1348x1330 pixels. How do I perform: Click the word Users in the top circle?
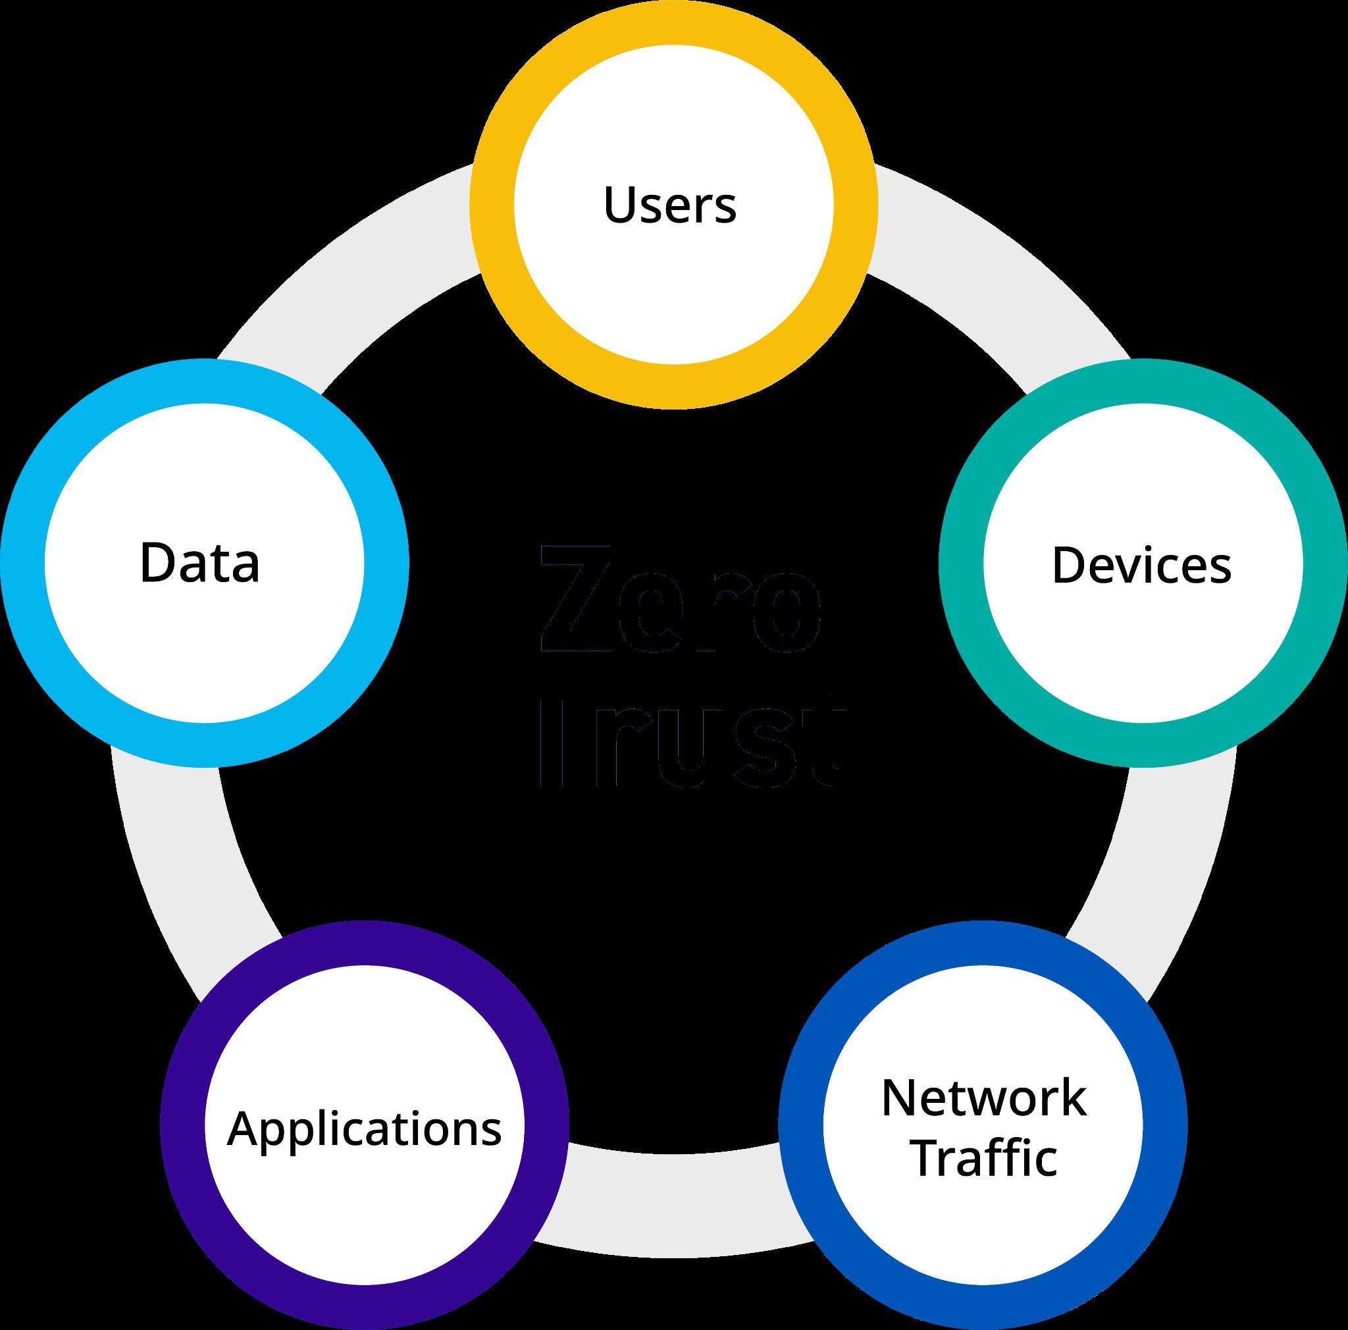click(670, 205)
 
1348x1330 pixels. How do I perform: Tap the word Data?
click(199, 563)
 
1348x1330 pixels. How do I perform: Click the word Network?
click(984, 1099)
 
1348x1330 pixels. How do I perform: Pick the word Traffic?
click(984, 1158)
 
